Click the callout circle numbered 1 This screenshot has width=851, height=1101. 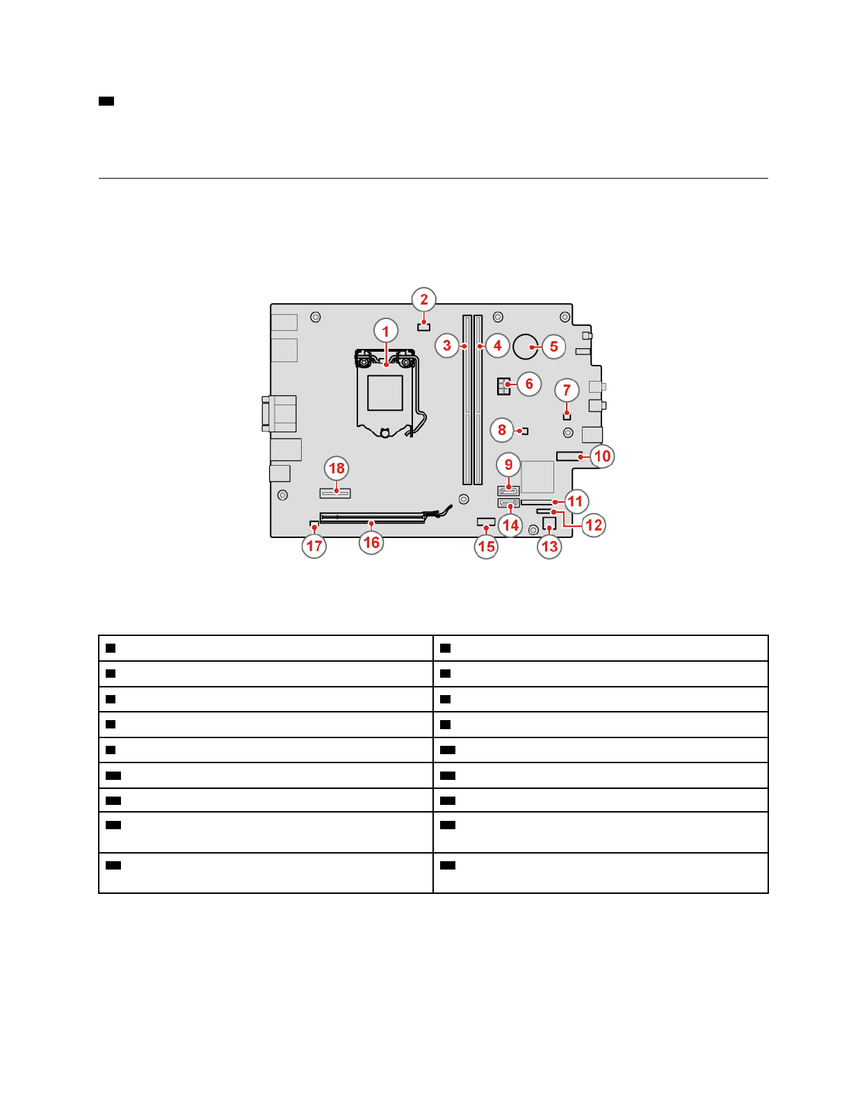click(386, 331)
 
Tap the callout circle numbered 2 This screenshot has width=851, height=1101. click(423, 300)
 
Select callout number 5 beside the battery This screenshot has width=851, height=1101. click(553, 347)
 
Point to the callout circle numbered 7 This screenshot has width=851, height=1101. click(567, 390)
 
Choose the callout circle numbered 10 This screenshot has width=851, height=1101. click(601, 456)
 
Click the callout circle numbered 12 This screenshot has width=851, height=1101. click(594, 525)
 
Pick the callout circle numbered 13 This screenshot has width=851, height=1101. click(549, 546)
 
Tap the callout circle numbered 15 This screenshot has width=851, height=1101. click(486, 546)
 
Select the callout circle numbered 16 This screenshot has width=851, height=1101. click(371, 543)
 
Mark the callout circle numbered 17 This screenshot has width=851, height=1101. click(314, 546)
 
